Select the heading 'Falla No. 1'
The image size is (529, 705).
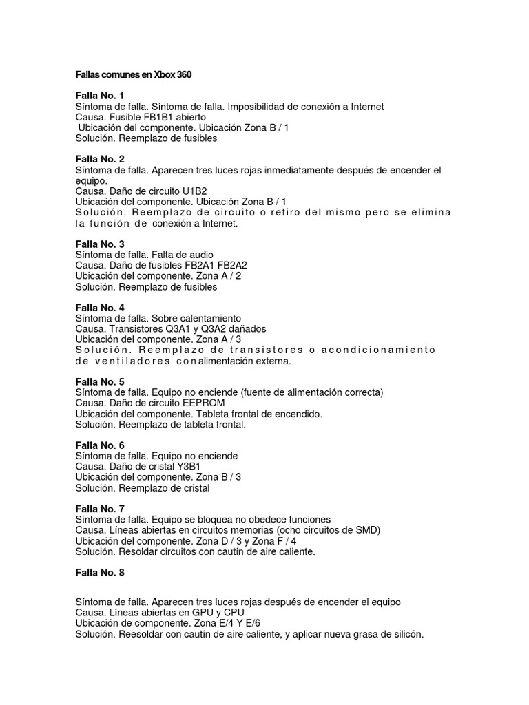pos(101,95)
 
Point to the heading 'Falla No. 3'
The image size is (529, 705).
pos(101,244)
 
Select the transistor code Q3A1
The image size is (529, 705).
pos(180,329)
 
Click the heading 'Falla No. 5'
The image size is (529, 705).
pos(101,381)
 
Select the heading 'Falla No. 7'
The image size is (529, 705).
pos(101,509)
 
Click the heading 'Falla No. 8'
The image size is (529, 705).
pos(101,572)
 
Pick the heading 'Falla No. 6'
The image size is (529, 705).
pos(101,445)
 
